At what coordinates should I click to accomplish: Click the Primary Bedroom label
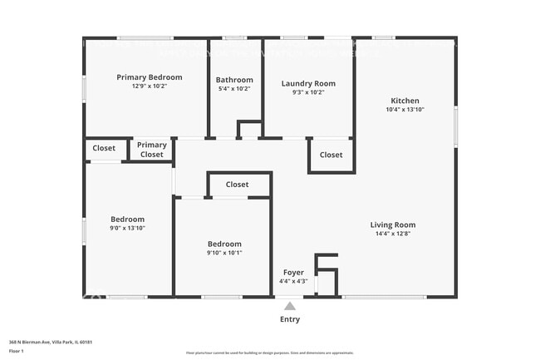click(x=150, y=77)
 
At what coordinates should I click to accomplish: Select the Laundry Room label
click(x=308, y=83)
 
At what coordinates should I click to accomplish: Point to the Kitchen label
click(x=405, y=101)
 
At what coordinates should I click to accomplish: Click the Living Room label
click(x=393, y=224)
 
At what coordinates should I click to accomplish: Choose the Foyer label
click(x=293, y=273)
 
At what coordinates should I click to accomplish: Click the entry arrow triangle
click(x=290, y=305)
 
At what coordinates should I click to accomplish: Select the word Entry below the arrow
click(x=290, y=319)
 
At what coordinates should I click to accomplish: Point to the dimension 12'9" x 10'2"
click(x=150, y=86)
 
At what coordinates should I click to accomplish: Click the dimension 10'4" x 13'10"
click(x=405, y=110)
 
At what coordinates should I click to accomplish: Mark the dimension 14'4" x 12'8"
click(x=393, y=234)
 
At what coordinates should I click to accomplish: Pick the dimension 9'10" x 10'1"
click(x=224, y=253)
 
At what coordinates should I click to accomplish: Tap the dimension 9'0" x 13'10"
click(x=128, y=228)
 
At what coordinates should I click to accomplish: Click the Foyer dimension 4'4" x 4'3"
click(x=293, y=281)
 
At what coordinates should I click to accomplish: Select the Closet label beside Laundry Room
click(x=331, y=155)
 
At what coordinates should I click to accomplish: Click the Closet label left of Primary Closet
click(x=104, y=148)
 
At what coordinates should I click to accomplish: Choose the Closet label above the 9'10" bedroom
click(x=238, y=185)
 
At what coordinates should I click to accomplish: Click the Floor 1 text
click(x=17, y=351)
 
